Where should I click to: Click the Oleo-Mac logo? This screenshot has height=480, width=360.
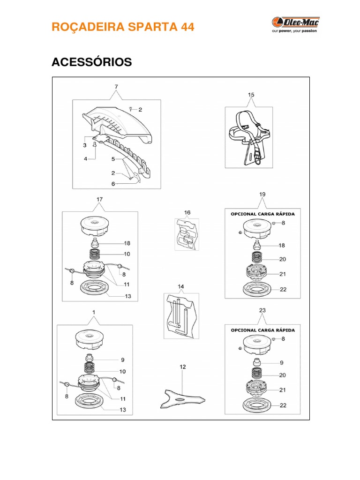click(294, 24)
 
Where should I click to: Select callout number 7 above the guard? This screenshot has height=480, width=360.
click(116, 87)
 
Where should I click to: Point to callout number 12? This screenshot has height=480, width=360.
click(183, 367)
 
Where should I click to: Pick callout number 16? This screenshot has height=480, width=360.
click(187, 212)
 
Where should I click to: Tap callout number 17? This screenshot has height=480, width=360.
click(99, 199)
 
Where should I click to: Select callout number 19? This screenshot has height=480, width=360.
click(262, 194)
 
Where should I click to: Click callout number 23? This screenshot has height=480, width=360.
click(262, 310)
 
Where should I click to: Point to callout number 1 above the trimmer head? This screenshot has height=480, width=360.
click(94, 312)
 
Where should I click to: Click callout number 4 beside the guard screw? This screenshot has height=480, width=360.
click(86, 159)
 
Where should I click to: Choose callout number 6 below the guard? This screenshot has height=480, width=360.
click(113, 184)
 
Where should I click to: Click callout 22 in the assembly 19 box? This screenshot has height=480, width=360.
click(283, 289)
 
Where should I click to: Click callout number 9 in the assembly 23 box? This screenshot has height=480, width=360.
click(282, 363)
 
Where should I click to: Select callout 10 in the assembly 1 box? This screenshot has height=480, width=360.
click(123, 372)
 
